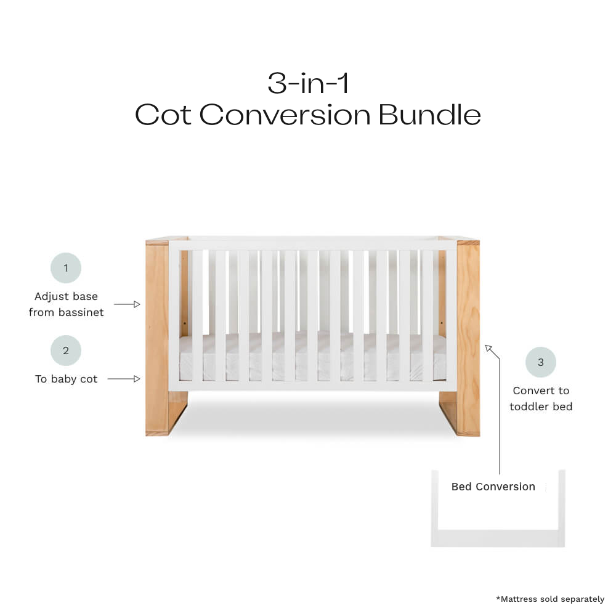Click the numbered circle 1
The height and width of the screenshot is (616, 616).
[x=66, y=268]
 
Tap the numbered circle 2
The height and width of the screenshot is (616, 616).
[x=66, y=351]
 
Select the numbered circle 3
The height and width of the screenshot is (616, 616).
[x=541, y=362]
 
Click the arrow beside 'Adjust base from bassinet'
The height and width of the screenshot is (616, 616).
[x=127, y=304]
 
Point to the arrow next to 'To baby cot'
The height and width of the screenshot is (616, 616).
[x=124, y=379]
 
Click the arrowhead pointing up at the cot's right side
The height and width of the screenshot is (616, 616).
[x=489, y=349]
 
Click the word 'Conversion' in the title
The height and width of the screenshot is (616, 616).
[x=285, y=115]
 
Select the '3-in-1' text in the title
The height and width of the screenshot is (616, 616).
[x=308, y=83]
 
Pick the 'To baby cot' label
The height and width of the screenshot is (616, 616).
[x=66, y=379]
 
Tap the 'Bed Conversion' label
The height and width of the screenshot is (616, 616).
[x=493, y=487]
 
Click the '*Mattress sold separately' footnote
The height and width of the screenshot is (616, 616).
[x=550, y=599]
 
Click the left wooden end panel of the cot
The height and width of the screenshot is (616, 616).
[x=157, y=338]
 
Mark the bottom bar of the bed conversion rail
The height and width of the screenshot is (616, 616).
[x=498, y=538]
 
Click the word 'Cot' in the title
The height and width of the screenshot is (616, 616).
[x=163, y=115]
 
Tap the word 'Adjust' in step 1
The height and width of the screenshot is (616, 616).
[x=49, y=297]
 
